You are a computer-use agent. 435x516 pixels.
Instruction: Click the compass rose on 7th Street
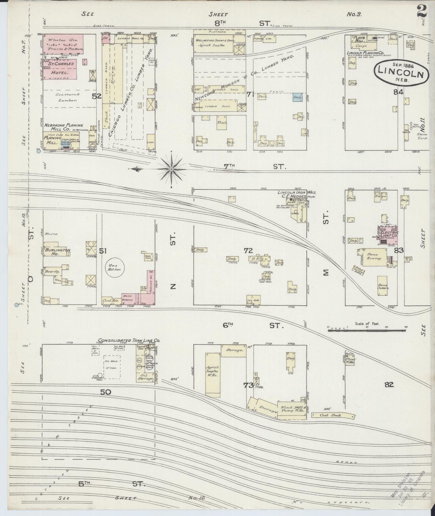point(172,169)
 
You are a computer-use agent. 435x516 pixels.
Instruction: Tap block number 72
point(248,251)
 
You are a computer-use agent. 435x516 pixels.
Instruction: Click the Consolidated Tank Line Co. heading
point(129,340)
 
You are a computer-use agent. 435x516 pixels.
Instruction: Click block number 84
point(398,92)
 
